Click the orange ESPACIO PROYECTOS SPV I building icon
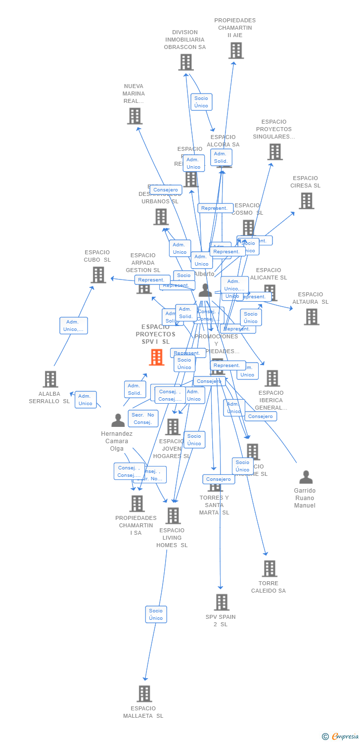(x=156, y=357)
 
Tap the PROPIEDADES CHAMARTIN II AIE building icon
(x=236, y=50)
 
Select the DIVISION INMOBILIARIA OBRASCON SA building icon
(x=185, y=62)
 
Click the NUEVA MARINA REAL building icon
(x=135, y=116)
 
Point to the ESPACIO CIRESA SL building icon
(x=306, y=201)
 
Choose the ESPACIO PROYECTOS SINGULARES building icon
(x=275, y=152)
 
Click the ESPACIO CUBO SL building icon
(x=98, y=275)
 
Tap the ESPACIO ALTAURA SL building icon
(x=311, y=317)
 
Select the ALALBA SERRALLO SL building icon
(x=50, y=379)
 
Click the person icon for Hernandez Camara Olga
(x=118, y=420)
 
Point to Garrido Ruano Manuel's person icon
(x=306, y=477)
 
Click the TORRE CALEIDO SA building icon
(x=269, y=569)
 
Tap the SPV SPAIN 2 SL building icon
(x=222, y=603)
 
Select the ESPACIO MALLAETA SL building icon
(x=144, y=694)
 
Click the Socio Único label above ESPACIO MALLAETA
(x=156, y=614)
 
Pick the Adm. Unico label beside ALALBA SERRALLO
(x=86, y=400)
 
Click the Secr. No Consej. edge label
(x=143, y=418)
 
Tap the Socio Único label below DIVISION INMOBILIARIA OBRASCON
(x=201, y=102)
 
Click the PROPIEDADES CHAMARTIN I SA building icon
(x=136, y=504)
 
